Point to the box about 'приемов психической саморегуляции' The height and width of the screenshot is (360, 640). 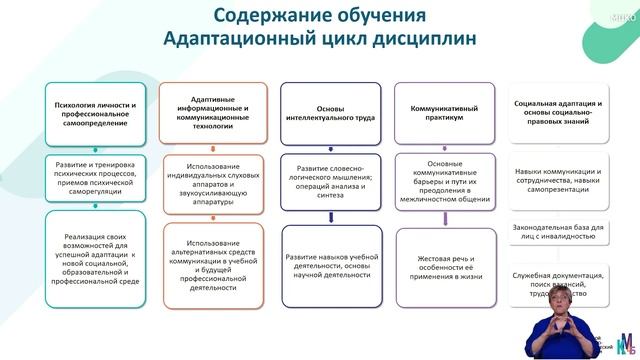(97, 172)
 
